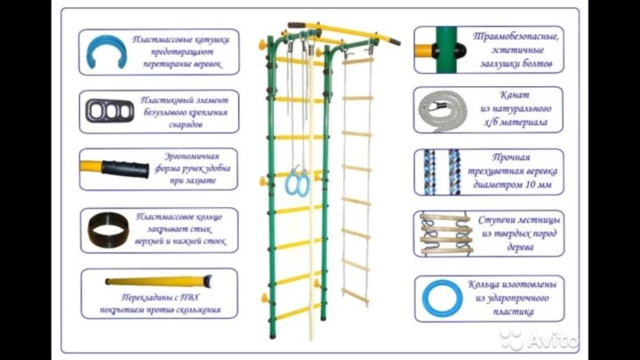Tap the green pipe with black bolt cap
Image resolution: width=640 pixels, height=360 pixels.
[x=440, y=48]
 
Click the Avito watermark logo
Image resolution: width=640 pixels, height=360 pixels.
[x=540, y=339]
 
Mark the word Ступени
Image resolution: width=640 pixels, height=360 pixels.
[x=497, y=218]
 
